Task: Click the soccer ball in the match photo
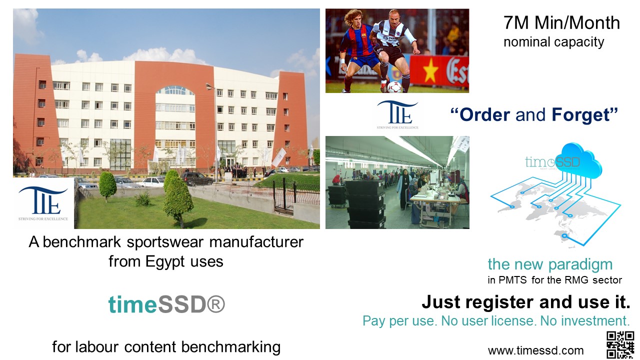[x=394, y=87]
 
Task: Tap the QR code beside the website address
[x=620, y=344]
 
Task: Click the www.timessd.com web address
[x=535, y=350]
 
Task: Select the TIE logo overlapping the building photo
[x=43, y=203]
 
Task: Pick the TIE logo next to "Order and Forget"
[x=397, y=115]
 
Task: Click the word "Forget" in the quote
[x=581, y=114]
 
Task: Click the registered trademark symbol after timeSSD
[x=215, y=304]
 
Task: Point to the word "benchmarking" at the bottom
[x=231, y=347]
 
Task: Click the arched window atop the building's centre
[x=175, y=90]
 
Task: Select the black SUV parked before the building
[x=196, y=178]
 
